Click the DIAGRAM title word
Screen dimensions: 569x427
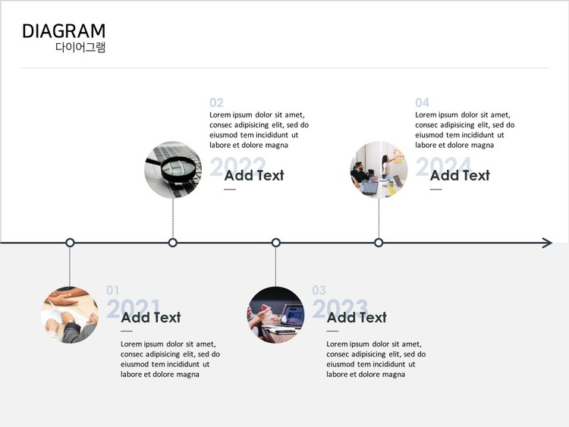click(x=64, y=31)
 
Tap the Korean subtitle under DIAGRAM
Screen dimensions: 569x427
click(x=80, y=48)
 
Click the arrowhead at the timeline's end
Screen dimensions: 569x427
click(x=547, y=243)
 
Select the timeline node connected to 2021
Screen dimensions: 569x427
click(x=70, y=243)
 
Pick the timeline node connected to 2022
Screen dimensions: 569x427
click(x=173, y=243)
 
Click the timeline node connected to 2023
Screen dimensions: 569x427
click(x=276, y=243)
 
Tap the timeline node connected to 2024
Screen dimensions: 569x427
click(x=379, y=243)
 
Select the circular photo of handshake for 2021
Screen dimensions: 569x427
click(x=70, y=315)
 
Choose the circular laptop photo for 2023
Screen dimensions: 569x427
click(x=275, y=315)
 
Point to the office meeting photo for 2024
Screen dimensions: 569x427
click(x=379, y=170)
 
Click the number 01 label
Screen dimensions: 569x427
click(x=113, y=290)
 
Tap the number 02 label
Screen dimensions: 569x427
click(x=217, y=102)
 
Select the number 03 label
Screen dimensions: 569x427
click(x=319, y=290)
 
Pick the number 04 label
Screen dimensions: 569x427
click(x=422, y=102)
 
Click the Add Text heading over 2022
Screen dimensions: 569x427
click(x=254, y=175)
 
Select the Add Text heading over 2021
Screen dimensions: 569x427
click(x=151, y=317)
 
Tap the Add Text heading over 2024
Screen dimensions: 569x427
click(x=460, y=175)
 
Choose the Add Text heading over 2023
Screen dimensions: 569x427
click(x=357, y=317)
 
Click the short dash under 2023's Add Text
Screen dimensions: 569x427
click(x=333, y=331)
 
